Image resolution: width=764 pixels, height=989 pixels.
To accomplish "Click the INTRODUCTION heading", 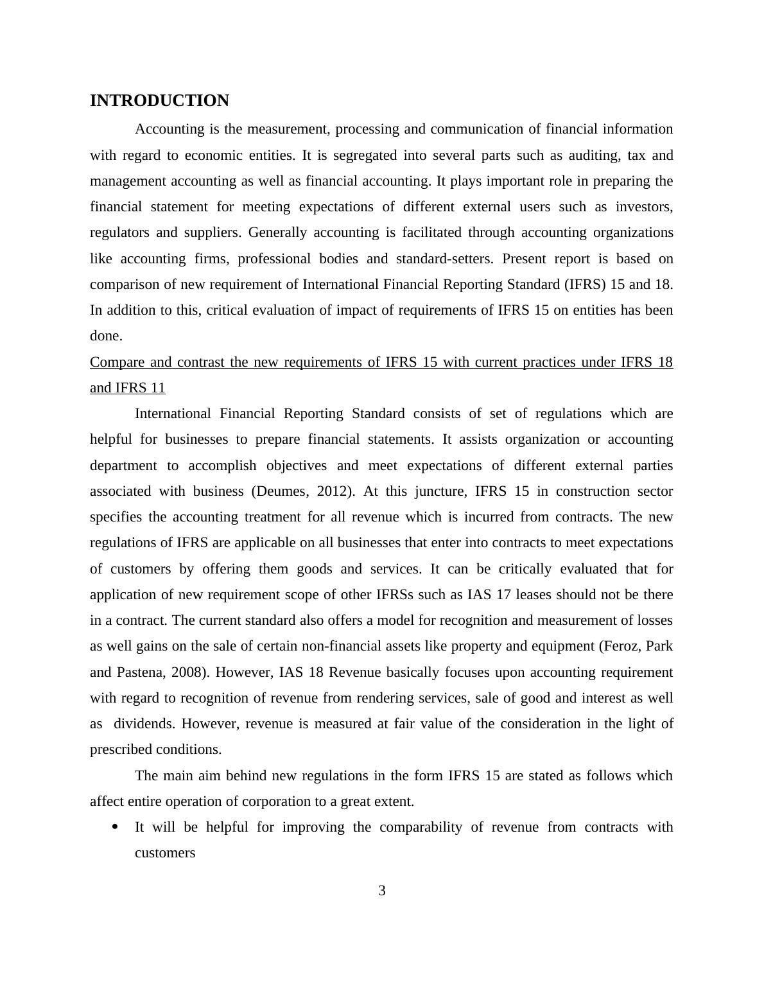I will (159, 101).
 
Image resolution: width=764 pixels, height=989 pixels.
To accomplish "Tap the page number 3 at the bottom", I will (382, 891).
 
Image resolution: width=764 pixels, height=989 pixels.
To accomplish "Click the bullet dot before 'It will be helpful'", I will (116, 827).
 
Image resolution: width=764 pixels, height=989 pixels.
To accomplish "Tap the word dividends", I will (144, 724).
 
